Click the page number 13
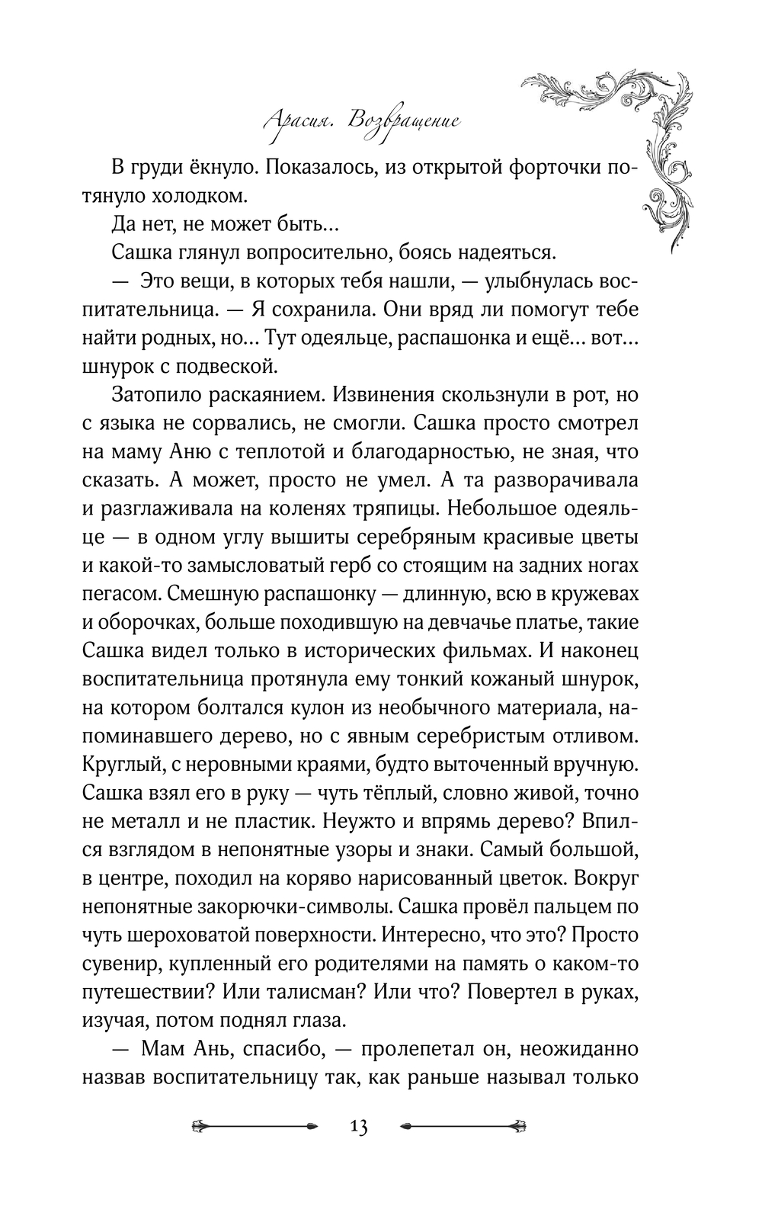[359, 1126]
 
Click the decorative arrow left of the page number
[255, 1125]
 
